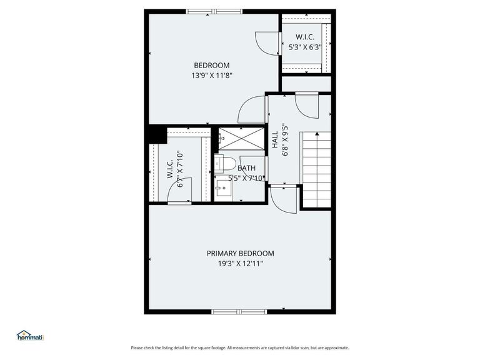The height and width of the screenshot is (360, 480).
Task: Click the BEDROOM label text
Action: point(211,65)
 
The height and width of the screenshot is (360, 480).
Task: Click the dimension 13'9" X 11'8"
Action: point(211,76)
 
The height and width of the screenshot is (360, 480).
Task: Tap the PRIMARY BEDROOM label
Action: point(240,253)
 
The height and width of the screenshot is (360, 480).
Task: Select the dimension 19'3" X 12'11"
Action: point(240,264)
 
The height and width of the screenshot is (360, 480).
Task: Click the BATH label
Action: point(246,168)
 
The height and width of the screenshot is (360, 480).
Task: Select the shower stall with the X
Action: point(240,139)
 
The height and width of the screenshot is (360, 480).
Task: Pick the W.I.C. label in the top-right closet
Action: point(305,36)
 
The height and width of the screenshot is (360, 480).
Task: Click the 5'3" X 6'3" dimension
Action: point(305,46)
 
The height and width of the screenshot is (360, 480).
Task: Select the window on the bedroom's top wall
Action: point(214,11)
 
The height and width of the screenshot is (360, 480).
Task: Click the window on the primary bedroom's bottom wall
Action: point(239,311)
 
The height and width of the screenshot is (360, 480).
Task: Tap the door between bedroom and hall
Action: point(251,109)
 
